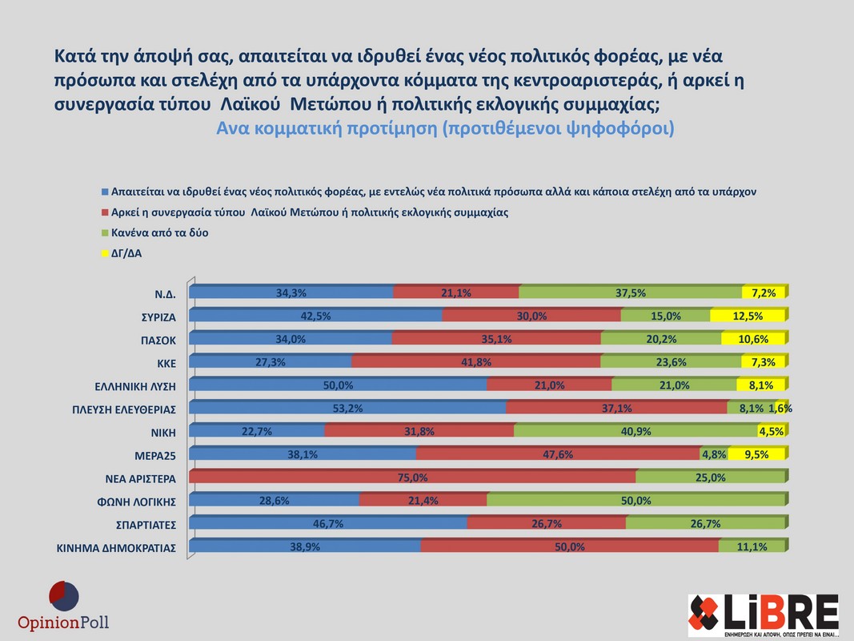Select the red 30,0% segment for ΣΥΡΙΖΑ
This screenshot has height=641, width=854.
[x=531, y=316]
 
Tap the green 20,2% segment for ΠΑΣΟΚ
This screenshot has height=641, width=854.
[x=661, y=339]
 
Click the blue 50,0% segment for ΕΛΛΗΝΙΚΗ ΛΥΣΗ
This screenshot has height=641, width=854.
[x=339, y=385]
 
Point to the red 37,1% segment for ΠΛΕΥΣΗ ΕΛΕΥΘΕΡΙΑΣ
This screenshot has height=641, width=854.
[x=617, y=409]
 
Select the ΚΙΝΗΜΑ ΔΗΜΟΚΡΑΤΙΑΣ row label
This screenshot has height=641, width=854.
[x=116, y=549]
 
